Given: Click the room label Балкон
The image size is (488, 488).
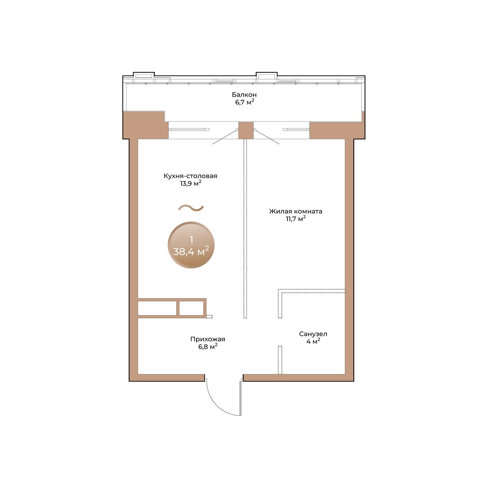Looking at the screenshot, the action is (244, 95).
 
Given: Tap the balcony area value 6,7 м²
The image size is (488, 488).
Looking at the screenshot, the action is (244, 102).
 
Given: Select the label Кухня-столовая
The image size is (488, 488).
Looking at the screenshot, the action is (190, 176).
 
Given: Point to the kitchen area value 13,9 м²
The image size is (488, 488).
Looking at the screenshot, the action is (191, 183).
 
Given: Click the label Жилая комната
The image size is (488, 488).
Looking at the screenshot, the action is (296, 211).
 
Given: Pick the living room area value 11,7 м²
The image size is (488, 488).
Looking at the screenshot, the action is (296, 218).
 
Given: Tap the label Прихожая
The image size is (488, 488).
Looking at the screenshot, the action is (208, 339).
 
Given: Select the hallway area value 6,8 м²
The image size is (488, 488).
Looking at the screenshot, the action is (208, 346).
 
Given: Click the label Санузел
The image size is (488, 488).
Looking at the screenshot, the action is (313, 334).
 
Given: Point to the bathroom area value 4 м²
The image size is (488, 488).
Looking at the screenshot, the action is (313, 341).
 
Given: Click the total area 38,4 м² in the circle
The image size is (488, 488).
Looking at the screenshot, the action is (191, 251).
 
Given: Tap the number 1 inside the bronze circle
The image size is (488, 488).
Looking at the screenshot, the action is (191, 240).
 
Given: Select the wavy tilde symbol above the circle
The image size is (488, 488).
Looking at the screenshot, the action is (191, 208).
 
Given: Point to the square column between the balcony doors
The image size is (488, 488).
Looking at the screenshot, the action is (246, 131).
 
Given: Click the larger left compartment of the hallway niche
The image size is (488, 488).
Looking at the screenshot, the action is (157, 308).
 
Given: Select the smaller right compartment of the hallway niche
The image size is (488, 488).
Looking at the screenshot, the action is (191, 308).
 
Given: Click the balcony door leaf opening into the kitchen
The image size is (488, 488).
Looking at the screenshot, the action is (225, 137).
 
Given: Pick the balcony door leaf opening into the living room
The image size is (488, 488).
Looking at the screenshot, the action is (267, 137).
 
